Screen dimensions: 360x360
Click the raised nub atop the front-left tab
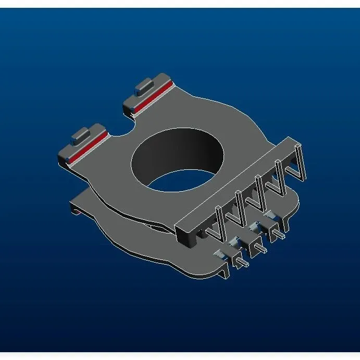pos(81,134)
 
